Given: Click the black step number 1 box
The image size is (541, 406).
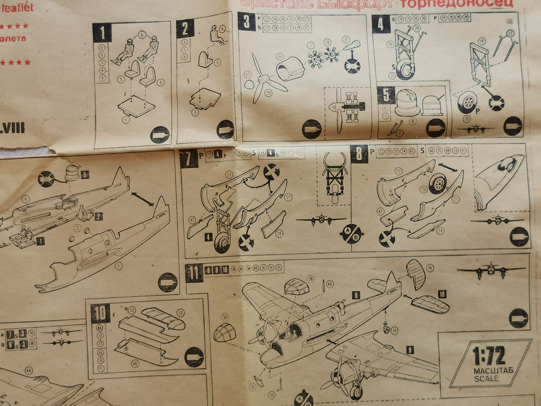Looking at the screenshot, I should coord(103,32).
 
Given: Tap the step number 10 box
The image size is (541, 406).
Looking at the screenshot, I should coord(100,313).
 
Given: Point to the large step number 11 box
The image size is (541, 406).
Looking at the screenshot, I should coord(194,273).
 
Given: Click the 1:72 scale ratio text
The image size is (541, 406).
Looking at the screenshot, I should coord(489,356).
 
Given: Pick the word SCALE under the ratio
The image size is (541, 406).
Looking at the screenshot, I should coord(486,379).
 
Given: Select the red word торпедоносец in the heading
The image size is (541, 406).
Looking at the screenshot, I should coord(456,3).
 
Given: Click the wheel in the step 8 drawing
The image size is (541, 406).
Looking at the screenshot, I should coord(439,183).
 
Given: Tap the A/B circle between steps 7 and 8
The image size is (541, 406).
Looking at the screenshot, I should coord(351,233).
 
